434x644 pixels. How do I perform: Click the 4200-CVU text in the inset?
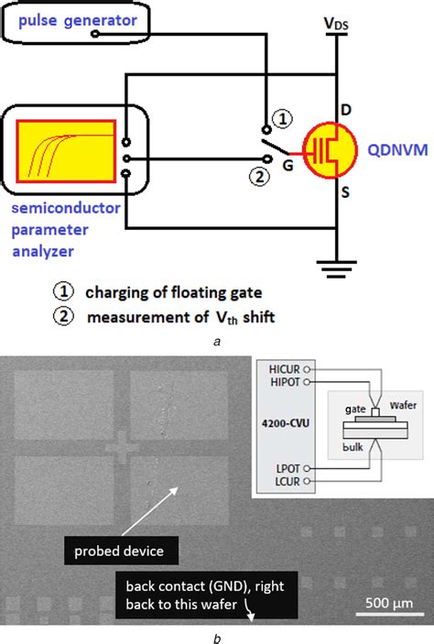[x=281, y=424]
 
